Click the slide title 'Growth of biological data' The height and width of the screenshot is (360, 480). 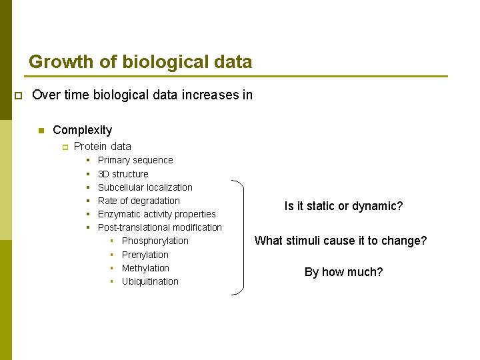click(140, 62)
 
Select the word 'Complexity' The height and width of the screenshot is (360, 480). click(82, 130)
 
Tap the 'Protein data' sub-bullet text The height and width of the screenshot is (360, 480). click(102, 146)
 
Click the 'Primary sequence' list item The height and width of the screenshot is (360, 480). click(135, 160)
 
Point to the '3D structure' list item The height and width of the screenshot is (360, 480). click(123, 174)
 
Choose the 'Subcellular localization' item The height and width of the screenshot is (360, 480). click(145, 187)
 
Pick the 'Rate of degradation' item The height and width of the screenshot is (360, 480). click(139, 201)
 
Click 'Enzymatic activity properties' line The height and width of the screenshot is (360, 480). click(157, 214)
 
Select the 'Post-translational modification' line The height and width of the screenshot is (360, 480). click(159, 227)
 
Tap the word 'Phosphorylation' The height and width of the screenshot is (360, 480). click(155, 241)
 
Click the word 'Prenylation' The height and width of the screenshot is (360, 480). click(145, 255)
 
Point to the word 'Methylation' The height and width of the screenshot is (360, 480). click(145, 268)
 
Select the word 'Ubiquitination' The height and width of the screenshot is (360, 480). click(150, 281)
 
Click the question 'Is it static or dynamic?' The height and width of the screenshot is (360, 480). click(343, 206)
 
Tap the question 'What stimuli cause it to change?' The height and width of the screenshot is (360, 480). click(341, 241)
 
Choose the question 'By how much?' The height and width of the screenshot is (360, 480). click(343, 272)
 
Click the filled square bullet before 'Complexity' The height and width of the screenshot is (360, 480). click(41, 131)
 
